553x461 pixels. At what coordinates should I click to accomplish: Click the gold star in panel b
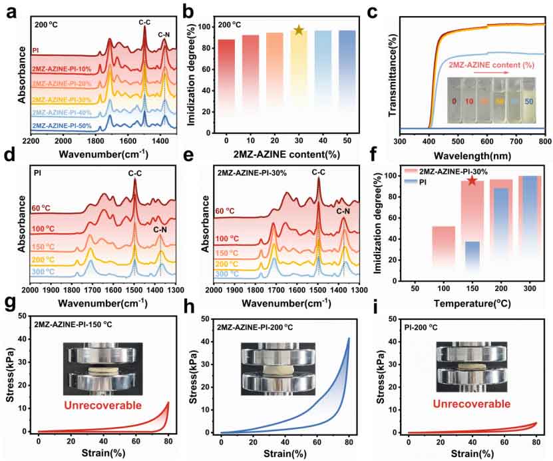tap(299, 30)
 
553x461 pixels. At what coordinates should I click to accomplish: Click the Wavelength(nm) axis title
tap(472, 154)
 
